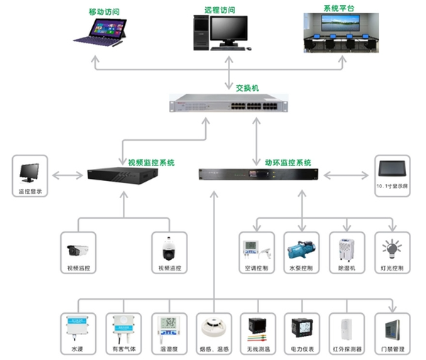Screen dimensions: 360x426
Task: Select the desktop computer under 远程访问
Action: click(x=221, y=34)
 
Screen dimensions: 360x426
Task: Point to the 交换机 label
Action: click(x=247, y=88)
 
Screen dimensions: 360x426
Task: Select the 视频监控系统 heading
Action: click(x=151, y=163)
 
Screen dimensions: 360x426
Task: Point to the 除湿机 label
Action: click(x=346, y=269)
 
